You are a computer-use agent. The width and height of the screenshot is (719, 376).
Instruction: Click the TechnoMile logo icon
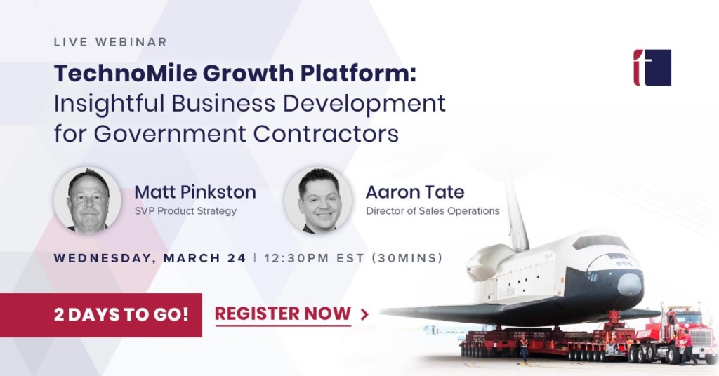tap(652, 67)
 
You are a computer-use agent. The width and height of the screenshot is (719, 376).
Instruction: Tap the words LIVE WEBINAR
tap(110, 41)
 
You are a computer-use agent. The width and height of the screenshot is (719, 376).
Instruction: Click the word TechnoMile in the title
tap(125, 73)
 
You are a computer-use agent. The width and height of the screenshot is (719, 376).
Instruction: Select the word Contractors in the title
tap(326, 134)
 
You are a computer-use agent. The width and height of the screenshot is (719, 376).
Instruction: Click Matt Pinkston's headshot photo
tap(88, 200)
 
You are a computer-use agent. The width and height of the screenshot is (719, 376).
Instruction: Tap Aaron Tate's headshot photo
tap(318, 200)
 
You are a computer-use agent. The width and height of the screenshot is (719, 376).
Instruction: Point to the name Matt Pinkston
tap(195, 192)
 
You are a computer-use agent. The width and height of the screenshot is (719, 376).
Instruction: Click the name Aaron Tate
tap(415, 192)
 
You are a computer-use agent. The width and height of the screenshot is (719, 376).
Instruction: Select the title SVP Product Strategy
tap(185, 211)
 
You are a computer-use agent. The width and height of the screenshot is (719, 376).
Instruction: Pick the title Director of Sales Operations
tap(433, 211)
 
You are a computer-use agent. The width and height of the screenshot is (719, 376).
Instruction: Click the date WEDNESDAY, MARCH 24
tap(150, 258)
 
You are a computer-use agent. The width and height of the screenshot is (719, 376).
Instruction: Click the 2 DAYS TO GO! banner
tap(101, 315)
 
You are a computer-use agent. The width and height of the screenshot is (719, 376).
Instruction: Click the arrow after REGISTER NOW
tap(364, 314)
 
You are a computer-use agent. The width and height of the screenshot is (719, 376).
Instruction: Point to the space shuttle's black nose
tap(630, 284)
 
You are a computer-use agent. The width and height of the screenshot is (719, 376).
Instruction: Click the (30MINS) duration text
tap(407, 258)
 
